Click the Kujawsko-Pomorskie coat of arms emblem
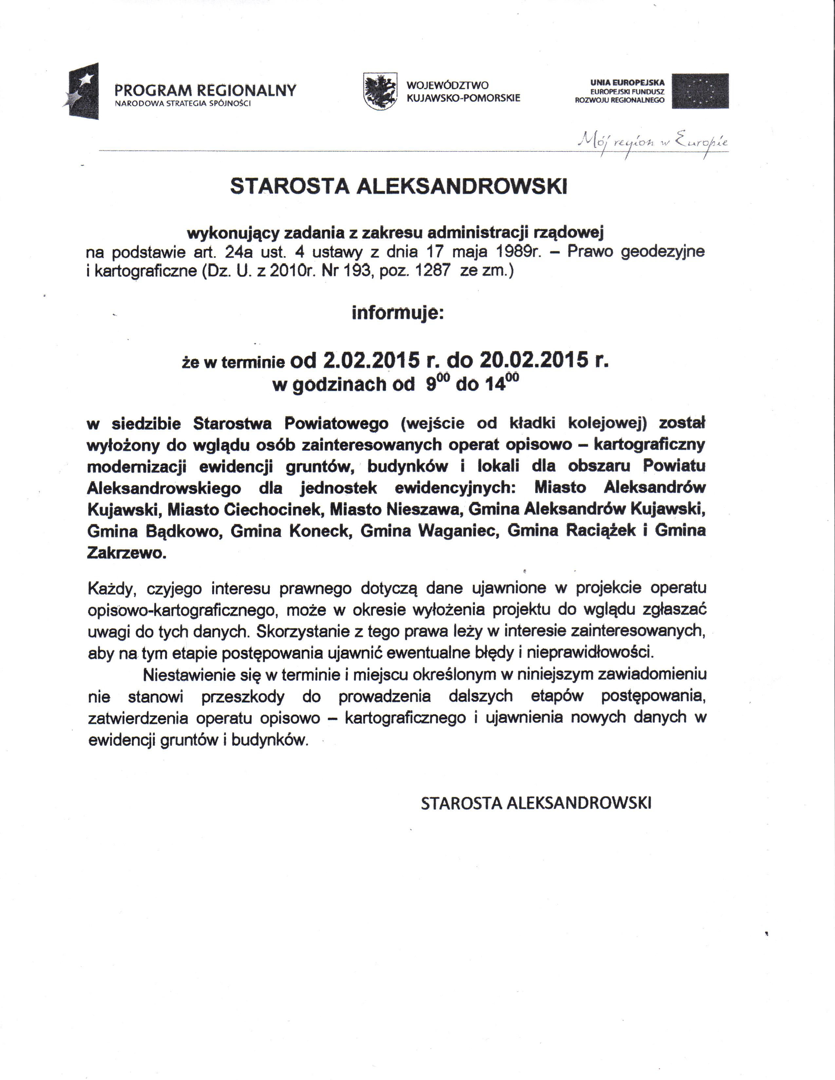[x=380, y=92]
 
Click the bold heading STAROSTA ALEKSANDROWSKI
[x=399, y=187]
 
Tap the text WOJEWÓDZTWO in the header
[x=447, y=85]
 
